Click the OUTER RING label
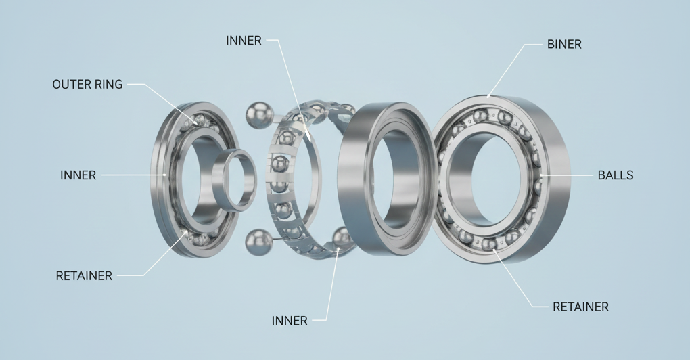click(x=87, y=84)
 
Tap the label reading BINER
click(x=564, y=44)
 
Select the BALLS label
click(x=615, y=175)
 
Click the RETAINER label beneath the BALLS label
click(x=580, y=307)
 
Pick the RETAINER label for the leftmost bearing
click(x=84, y=276)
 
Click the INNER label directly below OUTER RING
click(x=78, y=175)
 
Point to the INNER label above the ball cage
click(x=244, y=41)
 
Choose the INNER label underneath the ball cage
click(x=290, y=321)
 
